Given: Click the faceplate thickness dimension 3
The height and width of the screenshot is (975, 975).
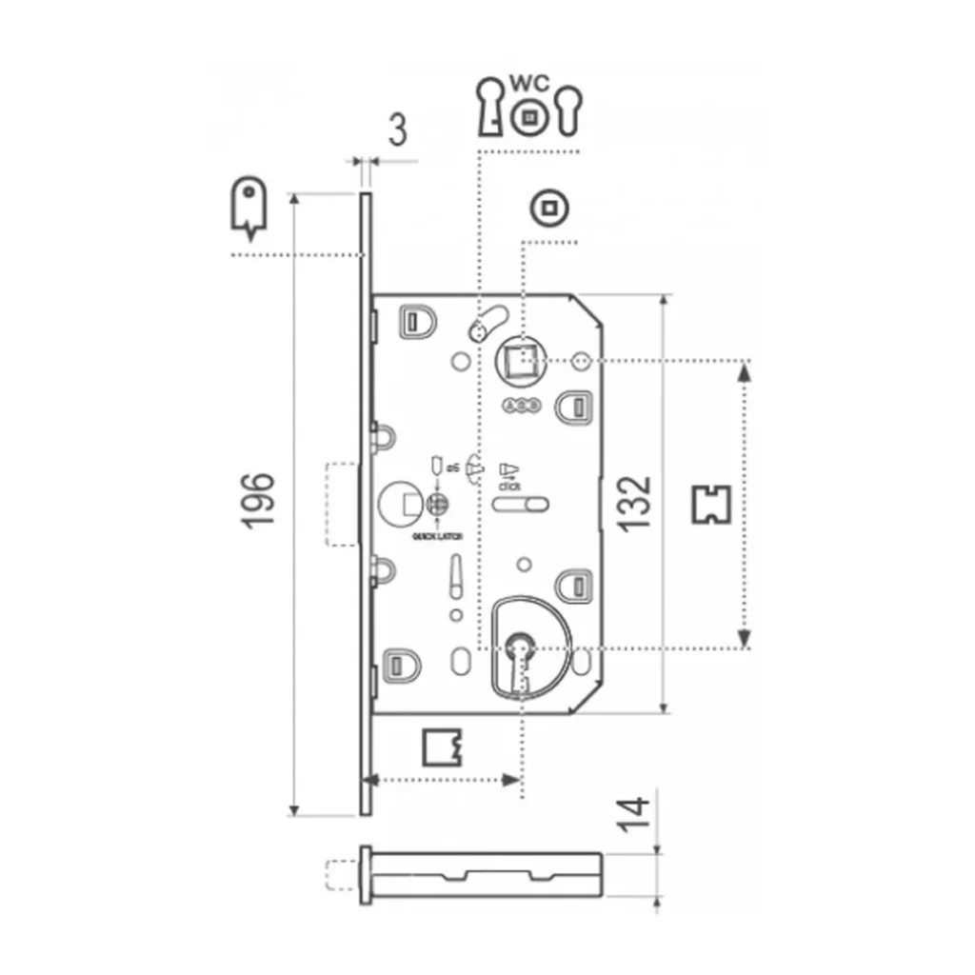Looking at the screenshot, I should click(398, 129).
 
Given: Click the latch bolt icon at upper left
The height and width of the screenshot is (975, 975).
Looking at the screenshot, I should click(248, 206).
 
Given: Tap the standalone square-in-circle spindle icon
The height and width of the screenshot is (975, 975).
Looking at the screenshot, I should click(547, 207).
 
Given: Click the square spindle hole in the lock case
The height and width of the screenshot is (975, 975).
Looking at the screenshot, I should click(520, 361).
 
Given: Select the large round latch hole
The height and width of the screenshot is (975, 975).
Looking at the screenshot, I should click(396, 502).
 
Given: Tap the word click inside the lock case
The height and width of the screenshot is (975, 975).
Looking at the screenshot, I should click(507, 485).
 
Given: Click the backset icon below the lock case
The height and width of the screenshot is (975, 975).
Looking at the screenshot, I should click(440, 747).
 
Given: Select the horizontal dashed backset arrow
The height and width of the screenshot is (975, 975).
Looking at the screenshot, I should click(444, 780).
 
